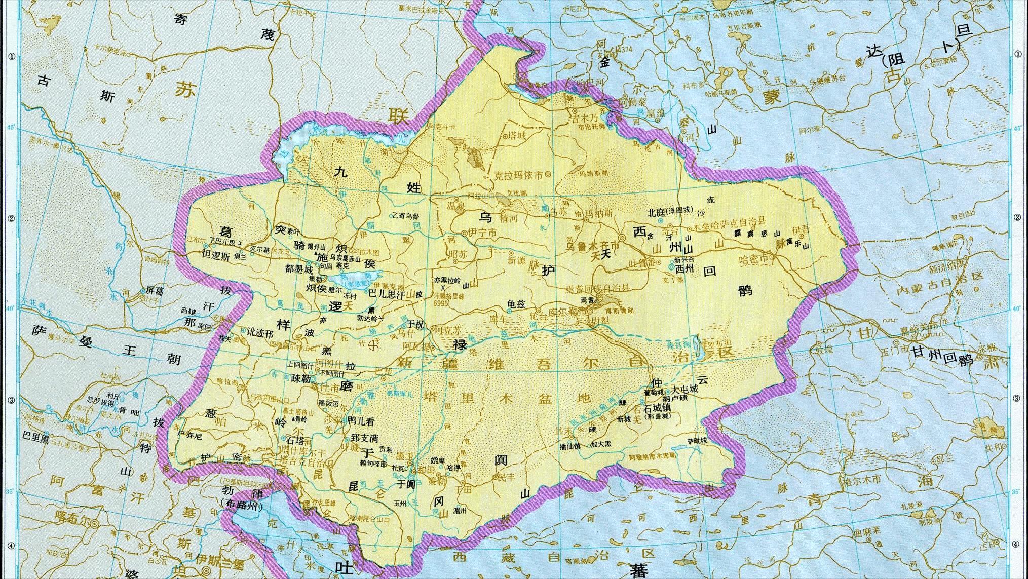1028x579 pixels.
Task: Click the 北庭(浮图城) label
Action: click(670, 211)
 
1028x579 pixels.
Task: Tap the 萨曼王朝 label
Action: click(106, 344)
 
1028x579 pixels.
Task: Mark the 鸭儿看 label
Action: click(362, 420)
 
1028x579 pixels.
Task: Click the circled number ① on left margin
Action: click(11, 56)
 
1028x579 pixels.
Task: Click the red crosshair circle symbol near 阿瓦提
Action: click(373, 345)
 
